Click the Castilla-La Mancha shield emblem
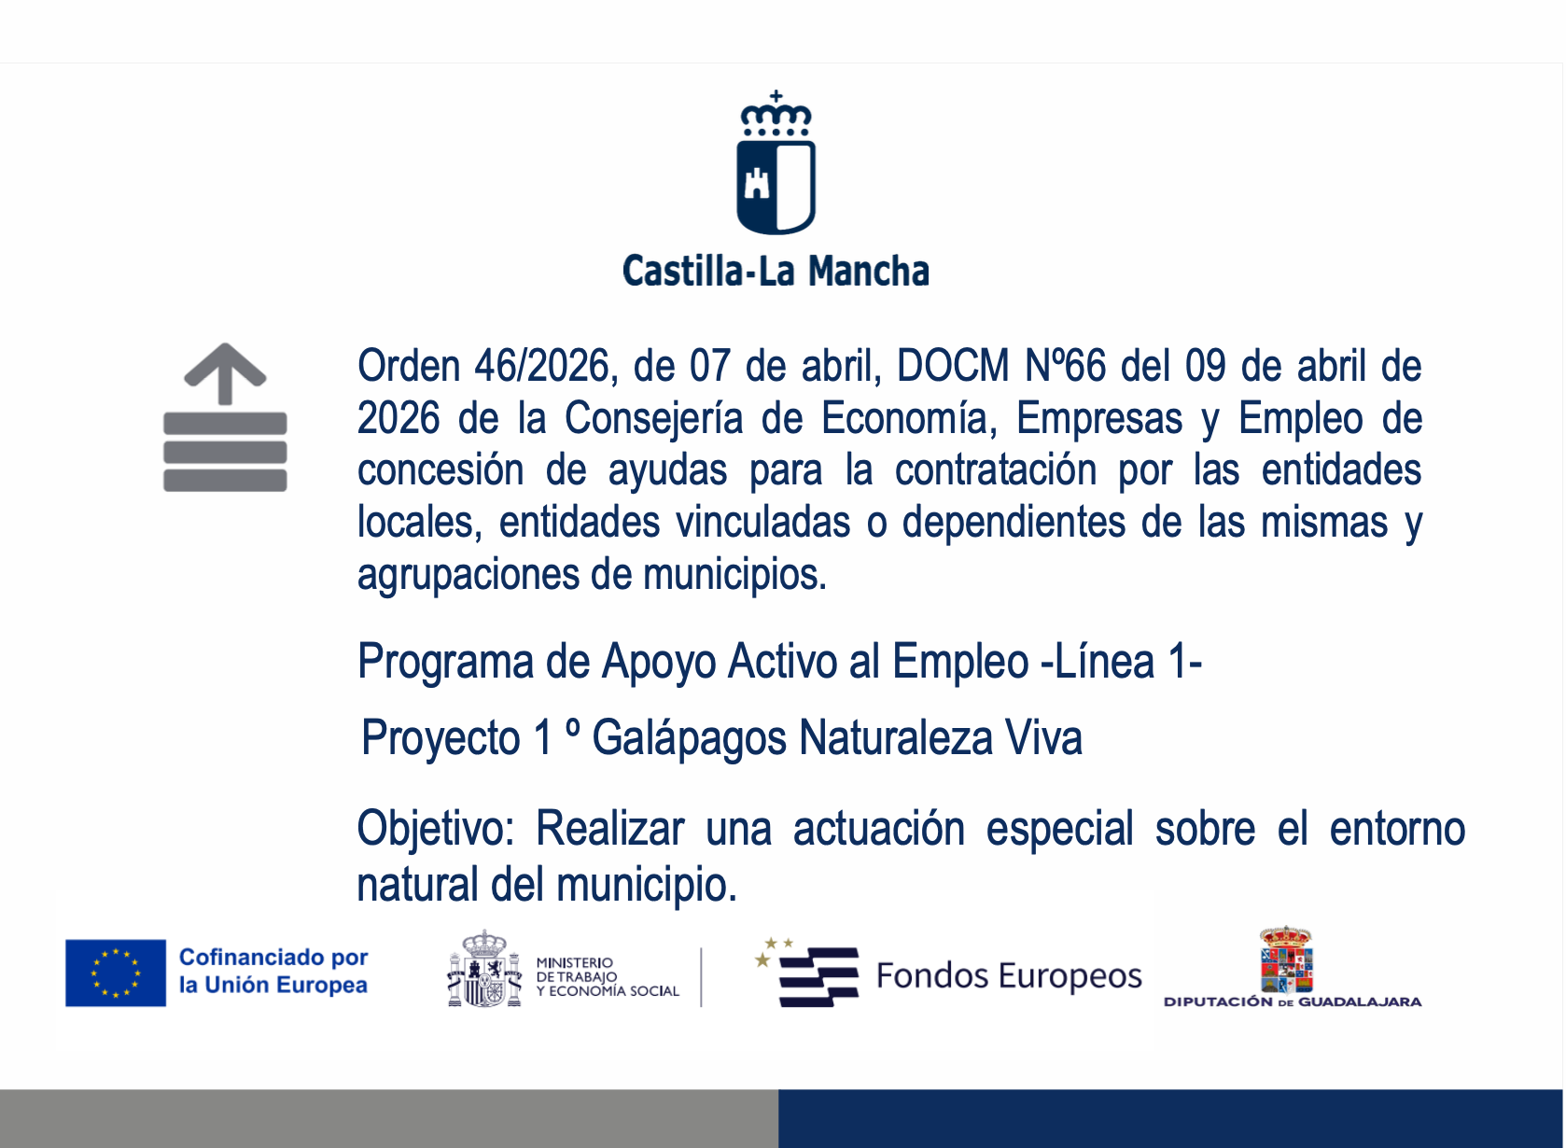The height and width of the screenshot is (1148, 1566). pos(776,162)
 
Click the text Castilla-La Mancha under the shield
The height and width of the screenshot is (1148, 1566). pos(776,272)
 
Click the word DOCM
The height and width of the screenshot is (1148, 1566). pos(953,365)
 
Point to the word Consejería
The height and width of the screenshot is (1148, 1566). pos(653,418)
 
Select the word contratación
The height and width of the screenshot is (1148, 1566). pos(995,469)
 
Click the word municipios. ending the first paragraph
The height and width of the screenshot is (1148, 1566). pos(734,575)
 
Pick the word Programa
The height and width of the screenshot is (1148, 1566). pos(445,662)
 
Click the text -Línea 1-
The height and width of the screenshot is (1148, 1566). pos(1121,661)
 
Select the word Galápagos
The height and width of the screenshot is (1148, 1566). pos(689,738)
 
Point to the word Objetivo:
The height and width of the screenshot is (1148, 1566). pos(436,829)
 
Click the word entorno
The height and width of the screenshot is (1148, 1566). pos(1397,829)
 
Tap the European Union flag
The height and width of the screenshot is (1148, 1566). pos(116,973)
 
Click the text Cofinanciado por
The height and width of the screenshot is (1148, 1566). pos(273,957)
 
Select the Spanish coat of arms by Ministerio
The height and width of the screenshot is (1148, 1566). pos(484,968)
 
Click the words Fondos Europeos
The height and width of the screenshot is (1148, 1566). pos(1009,975)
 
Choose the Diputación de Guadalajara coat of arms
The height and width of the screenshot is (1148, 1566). pos(1286,959)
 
